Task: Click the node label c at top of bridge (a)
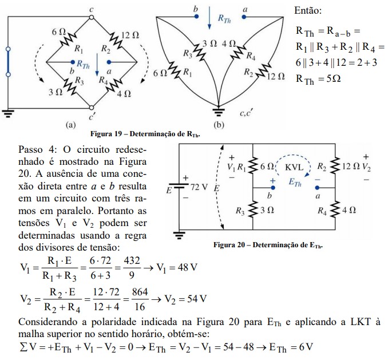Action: [x=92, y=10]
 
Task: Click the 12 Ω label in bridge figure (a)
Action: [x=130, y=35]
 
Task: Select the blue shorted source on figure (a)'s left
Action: [x=8, y=64]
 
